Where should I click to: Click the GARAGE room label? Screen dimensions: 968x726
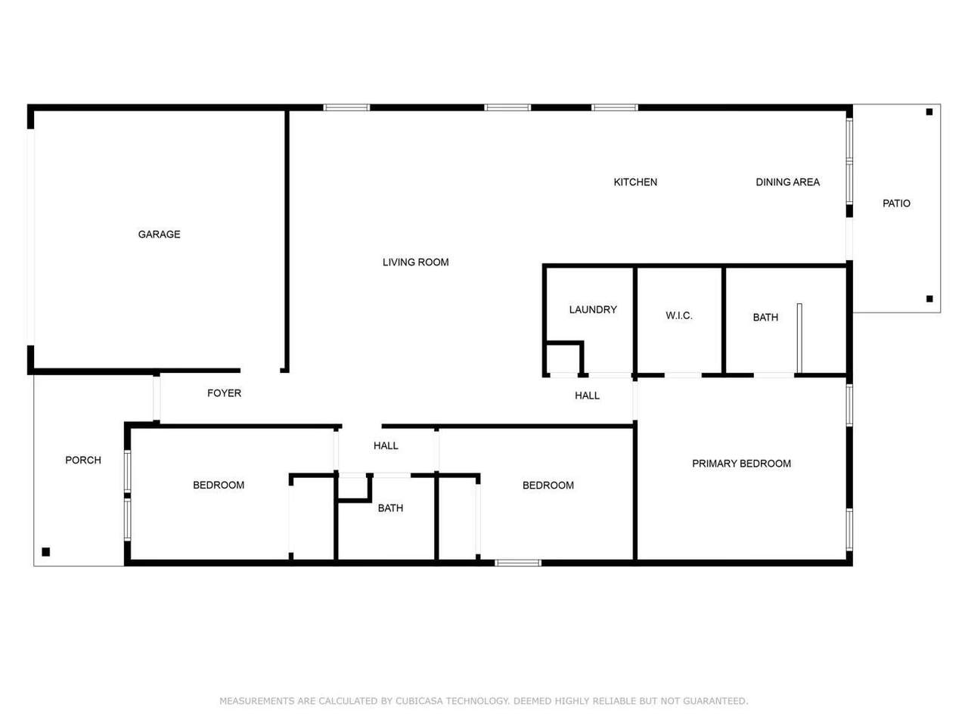159,234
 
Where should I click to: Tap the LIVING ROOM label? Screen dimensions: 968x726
415,262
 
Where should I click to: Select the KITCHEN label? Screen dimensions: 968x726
635,182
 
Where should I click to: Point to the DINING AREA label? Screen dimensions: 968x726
787,182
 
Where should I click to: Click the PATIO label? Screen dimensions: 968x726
896,203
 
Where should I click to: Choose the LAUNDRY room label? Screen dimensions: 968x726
593,309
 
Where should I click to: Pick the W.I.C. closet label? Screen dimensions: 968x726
678,315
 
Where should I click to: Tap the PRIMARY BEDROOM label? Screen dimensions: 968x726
741,464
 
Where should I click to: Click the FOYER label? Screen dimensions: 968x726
224,392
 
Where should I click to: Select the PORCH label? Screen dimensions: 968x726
83,460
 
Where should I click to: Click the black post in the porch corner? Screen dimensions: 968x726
46,551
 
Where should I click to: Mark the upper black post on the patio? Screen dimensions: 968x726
929,112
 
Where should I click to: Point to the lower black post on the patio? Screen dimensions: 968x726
929,299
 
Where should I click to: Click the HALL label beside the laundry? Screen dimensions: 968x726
587,396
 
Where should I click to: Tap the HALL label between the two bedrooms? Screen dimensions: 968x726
386,445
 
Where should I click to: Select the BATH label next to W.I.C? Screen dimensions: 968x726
765,317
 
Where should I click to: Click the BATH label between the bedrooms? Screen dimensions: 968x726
390,507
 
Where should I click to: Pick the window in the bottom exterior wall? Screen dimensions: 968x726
517,563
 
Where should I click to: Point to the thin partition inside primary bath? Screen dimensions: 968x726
799,338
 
